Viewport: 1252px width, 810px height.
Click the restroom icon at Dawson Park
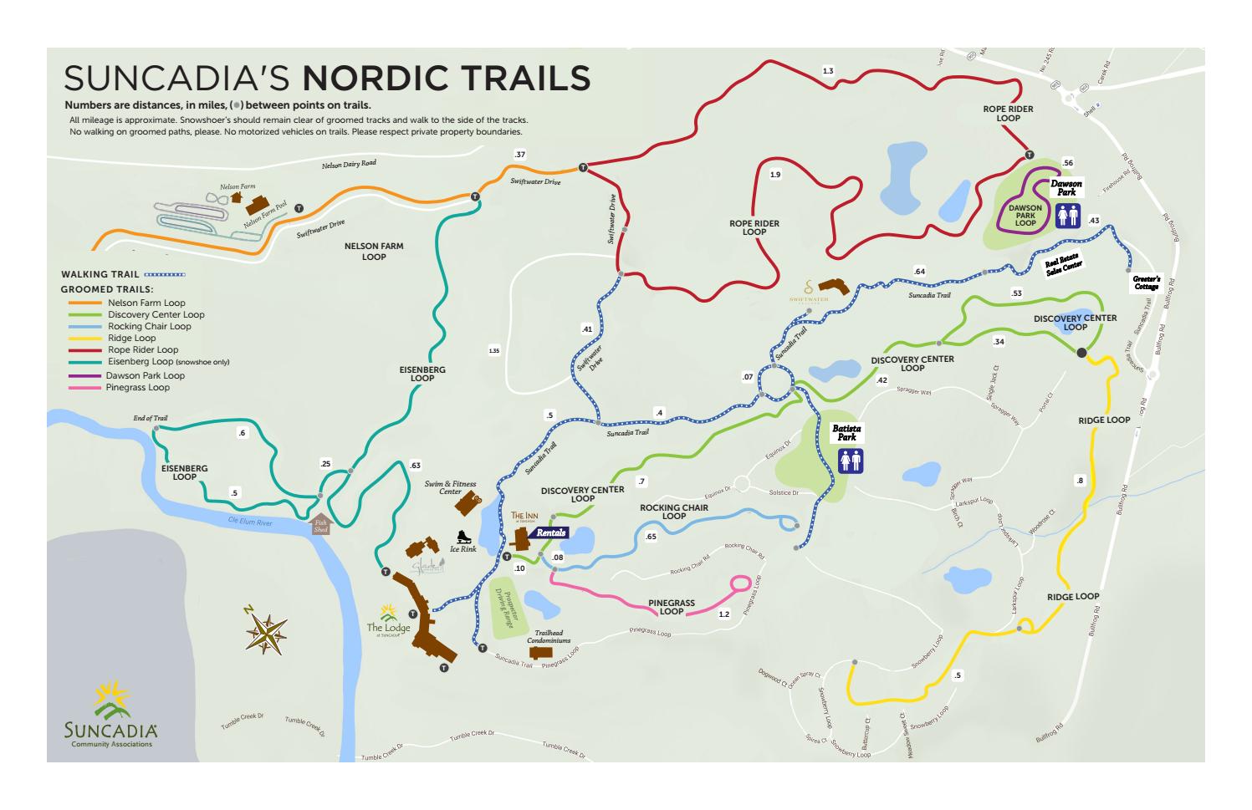1068,217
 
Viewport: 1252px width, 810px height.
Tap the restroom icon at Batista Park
851,461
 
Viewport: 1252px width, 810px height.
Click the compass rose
268,633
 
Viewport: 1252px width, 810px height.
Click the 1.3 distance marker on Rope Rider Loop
828,71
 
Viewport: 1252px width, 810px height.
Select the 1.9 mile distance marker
775,175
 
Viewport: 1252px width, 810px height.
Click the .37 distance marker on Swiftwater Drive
520,155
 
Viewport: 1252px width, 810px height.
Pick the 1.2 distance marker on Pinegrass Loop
724,614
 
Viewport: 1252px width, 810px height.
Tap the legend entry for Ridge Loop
131,339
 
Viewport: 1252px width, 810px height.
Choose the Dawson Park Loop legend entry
145,375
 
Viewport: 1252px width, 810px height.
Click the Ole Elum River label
250,522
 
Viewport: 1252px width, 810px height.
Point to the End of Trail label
151,418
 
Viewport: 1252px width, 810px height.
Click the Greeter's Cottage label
1147,283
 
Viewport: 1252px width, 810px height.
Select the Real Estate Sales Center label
1063,265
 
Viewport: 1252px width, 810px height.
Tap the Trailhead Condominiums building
539,652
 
